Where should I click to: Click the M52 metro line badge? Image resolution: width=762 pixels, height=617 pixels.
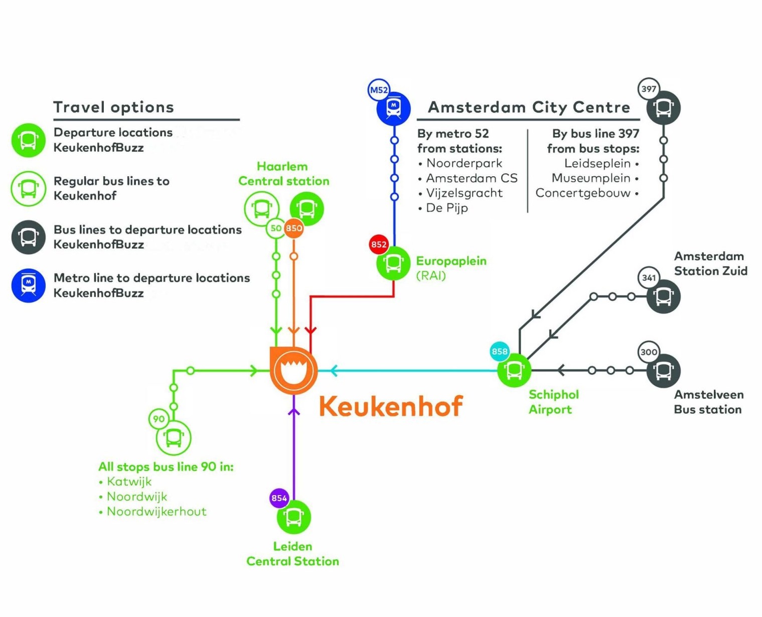tap(379, 90)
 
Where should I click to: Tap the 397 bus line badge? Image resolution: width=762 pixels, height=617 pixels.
tap(649, 89)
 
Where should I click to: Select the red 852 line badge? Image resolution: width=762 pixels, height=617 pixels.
tap(379, 244)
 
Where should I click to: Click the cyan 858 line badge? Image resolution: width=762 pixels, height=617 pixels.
tap(500, 351)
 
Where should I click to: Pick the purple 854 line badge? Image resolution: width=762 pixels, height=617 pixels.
tap(279, 498)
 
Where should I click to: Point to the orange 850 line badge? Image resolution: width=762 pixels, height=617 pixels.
tap(294, 228)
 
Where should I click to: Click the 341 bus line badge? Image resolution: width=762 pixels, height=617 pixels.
tap(649, 278)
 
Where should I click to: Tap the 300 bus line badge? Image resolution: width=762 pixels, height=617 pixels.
tap(649, 352)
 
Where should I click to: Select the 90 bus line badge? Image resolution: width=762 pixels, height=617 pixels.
tap(159, 419)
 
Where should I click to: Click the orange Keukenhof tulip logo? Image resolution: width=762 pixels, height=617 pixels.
tap(293, 371)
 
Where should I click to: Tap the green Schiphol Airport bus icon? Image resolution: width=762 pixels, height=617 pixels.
tap(514, 371)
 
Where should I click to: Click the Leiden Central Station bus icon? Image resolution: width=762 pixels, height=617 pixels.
tap(294, 517)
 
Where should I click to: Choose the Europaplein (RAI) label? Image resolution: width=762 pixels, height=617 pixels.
tap(451, 268)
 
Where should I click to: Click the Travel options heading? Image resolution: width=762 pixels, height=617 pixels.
tap(114, 107)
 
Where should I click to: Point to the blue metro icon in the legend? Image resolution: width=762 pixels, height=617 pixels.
tap(29, 285)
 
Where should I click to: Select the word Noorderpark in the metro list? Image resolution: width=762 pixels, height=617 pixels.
tap(464, 163)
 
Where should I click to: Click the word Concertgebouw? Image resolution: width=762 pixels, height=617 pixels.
tap(583, 193)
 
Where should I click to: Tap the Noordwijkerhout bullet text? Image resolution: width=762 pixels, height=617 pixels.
tap(157, 512)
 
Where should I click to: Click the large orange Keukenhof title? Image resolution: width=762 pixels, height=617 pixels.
tap(391, 406)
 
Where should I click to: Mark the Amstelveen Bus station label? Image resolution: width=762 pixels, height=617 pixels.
tap(708, 402)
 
